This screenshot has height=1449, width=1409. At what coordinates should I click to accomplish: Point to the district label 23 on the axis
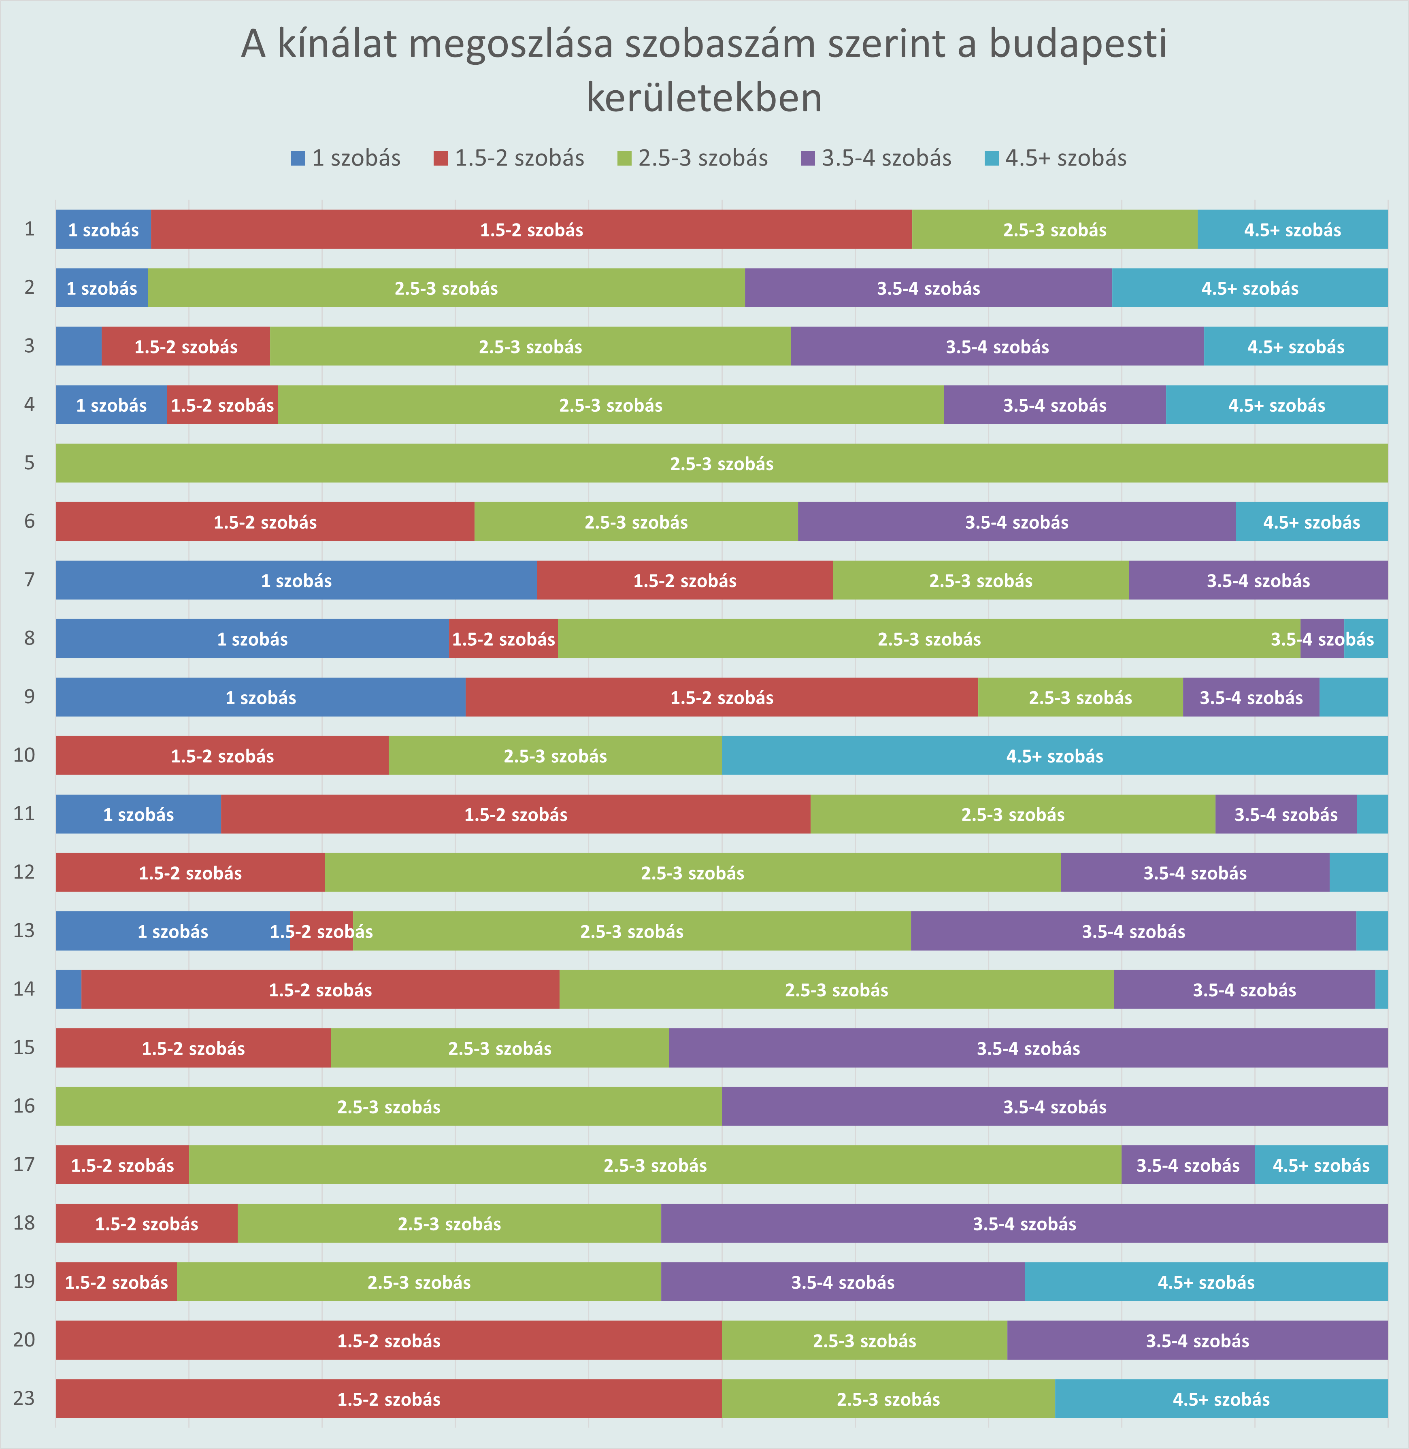coord(24,1398)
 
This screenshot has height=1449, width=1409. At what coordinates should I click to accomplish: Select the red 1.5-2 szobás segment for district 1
coord(531,230)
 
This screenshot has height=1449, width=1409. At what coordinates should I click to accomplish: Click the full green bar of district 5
coord(722,463)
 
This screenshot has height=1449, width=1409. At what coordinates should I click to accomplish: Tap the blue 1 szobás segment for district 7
coord(296,580)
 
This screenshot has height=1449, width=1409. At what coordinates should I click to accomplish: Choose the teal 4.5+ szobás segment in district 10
coord(1055,755)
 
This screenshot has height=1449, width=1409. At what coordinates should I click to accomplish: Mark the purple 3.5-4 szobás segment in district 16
coord(1055,1106)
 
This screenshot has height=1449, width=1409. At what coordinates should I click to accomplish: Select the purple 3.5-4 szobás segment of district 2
coord(928,288)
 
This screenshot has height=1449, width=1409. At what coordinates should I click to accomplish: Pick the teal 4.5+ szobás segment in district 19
coord(1205,1282)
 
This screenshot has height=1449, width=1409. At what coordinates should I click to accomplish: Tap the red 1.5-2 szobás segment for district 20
coord(389,1340)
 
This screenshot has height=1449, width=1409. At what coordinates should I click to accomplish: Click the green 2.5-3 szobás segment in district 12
coord(692,872)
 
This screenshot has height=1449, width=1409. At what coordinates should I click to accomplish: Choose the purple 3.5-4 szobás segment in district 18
coord(1024,1223)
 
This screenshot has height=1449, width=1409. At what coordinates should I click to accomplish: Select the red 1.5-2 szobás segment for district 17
coord(122,1165)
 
